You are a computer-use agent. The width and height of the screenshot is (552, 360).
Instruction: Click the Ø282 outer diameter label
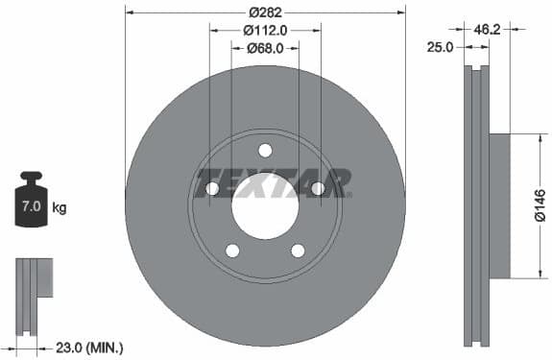pos(265,12)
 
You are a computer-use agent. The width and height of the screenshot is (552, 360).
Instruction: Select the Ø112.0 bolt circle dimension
pos(265,30)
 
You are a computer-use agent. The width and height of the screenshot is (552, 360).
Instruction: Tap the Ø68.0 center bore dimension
pos(265,47)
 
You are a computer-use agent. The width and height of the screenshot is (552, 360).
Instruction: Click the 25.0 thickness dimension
pos(442,46)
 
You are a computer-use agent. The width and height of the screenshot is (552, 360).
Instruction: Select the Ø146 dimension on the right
pos(540,205)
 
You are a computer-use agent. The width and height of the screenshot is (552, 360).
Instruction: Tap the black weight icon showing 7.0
pos(32,201)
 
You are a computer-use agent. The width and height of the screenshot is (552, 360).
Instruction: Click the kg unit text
pos(60,207)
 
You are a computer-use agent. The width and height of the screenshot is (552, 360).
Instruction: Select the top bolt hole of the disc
pos(265,150)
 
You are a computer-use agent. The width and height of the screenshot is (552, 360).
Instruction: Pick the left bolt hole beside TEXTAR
pos(212,188)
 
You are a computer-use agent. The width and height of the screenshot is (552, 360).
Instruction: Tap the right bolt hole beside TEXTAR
pos(318,188)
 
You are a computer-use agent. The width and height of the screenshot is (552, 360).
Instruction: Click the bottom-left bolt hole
pos(232,251)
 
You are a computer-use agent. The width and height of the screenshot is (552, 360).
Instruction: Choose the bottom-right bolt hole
pos(298,251)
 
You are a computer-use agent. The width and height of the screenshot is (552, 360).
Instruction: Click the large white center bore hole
pos(265,207)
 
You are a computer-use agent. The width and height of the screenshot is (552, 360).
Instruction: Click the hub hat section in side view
pos(500,205)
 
